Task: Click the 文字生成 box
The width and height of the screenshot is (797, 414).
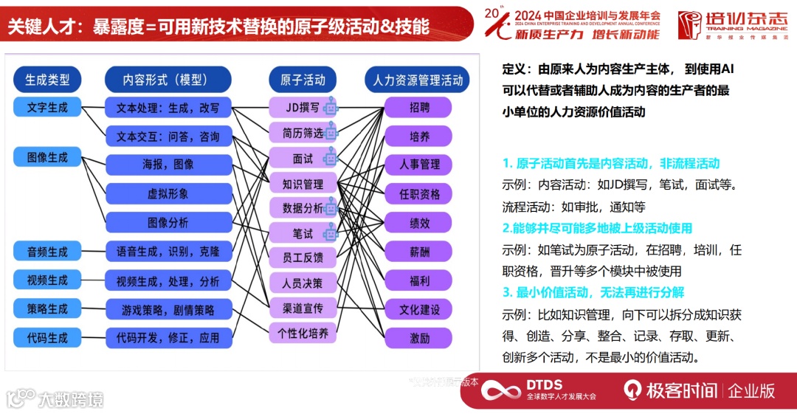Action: click(47, 107)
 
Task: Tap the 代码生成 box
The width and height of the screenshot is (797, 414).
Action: click(47, 338)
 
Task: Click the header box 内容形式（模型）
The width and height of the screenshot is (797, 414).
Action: click(168, 79)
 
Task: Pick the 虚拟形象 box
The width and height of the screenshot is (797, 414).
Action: click(168, 193)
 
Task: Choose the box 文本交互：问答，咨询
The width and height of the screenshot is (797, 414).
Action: click(168, 137)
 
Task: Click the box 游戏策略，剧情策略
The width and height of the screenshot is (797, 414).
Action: click(168, 309)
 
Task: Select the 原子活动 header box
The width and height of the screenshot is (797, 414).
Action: click(302, 79)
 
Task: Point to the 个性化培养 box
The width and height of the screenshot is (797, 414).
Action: click(302, 333)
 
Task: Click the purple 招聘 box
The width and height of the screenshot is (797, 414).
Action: click(419, 107)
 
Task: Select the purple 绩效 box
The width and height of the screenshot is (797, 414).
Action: click(419, 223)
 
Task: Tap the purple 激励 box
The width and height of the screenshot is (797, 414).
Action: click(419, 338)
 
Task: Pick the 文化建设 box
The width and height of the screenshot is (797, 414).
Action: click(419, 309)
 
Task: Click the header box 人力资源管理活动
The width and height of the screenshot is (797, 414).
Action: click(418, 79)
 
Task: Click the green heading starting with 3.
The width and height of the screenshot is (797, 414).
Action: click(593, 292)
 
